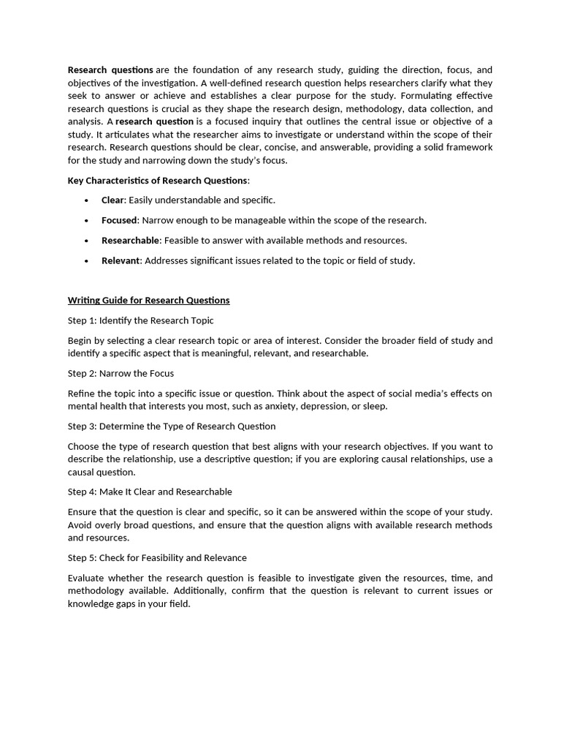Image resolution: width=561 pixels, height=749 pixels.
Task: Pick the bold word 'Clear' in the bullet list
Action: click(x=113, y=200)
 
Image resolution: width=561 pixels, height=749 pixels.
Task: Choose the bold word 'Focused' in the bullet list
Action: click(x=119, y=220)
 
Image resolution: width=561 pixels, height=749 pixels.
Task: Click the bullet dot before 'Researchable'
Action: click(x=86, y=241)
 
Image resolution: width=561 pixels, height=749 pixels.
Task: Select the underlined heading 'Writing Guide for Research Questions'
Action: click(x=148, y=300)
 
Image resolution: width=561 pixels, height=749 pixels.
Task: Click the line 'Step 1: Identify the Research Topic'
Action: click(x=140, y=320)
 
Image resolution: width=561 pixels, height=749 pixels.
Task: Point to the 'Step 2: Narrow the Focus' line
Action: click(x=121, y=373)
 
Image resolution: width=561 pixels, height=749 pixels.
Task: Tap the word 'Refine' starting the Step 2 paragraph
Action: click(x=81, y=394)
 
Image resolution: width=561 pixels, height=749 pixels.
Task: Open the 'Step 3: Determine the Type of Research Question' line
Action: click(x=172, y=426)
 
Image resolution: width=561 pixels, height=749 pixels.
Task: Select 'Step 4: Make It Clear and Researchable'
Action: click(x=150, y=492)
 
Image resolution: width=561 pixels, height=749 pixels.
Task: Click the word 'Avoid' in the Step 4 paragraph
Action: click(x=80, y=525)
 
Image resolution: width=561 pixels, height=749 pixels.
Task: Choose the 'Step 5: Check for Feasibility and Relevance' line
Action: click(x=157, y=557)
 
